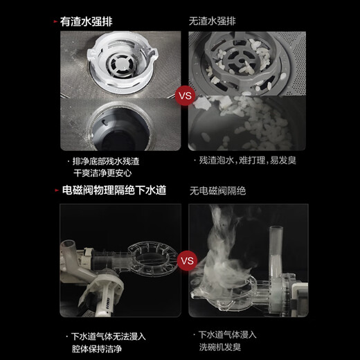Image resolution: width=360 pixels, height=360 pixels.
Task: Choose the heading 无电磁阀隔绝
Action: tap(219, 190)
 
